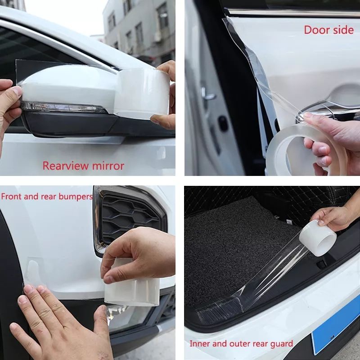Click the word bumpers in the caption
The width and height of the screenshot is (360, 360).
[76, 197]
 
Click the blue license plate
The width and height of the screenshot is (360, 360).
[336, 328]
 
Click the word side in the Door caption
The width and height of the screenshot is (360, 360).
[343, 30]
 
